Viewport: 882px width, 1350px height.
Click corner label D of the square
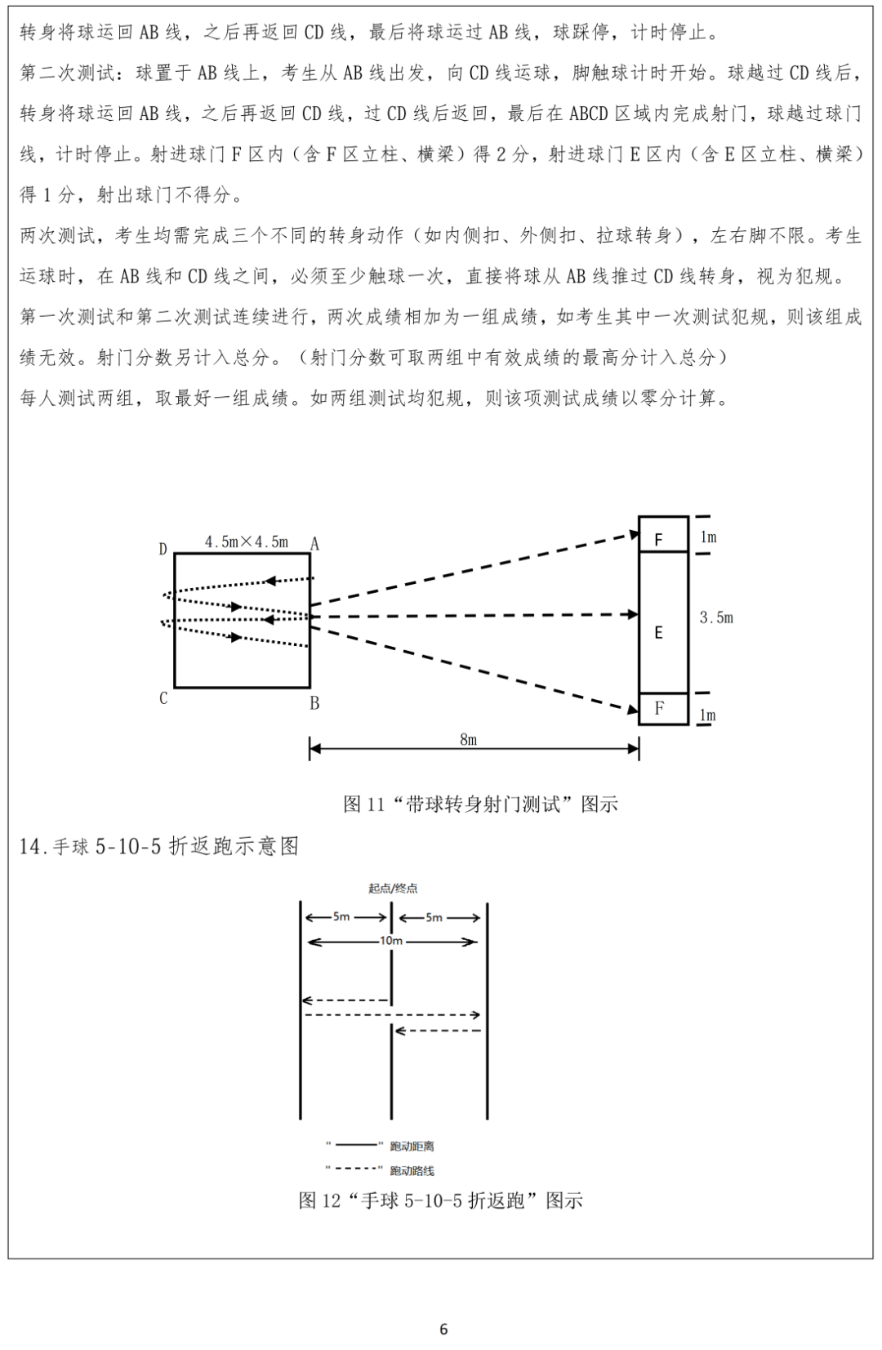click(x=163, y=550)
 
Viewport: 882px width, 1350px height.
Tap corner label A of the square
click(x=314, y=545)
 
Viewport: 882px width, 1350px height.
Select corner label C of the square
click(x=163, y=698)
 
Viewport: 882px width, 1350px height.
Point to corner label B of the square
click(x=314, y=703)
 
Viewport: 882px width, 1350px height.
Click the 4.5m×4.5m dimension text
click(x=246, y=541)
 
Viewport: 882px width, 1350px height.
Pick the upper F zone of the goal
click(x=659, y=539)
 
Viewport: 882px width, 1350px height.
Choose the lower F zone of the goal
click(x=659, y=708)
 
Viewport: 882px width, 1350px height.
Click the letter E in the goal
click(x=658, y=632)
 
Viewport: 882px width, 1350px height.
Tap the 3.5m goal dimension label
click(x=716, y=618)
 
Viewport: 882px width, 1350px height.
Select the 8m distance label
click(x=468, y=740)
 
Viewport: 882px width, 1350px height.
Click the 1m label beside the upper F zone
click(x=707, y=537)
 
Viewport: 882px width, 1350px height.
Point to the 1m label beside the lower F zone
click(x=707, y=715)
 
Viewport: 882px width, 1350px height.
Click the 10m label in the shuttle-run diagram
click(x=391, y=941)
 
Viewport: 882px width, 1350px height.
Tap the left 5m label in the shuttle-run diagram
click(x=341, y=917)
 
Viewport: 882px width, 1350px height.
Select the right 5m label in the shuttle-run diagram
click(x=434, y=917)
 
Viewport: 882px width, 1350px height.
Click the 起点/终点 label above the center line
click(x=393, y=889)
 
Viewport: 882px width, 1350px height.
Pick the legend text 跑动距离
click(x=412, y=1147)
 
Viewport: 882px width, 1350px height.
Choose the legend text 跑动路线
click(x=412, y=1171)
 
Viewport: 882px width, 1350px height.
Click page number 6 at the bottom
click(x=443, y=1330)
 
